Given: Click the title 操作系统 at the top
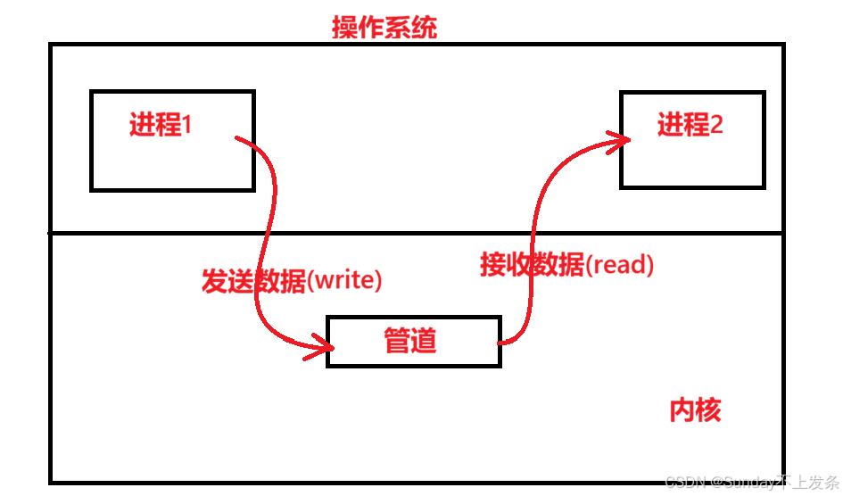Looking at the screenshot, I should point(384,28).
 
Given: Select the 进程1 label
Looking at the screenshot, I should point(161,125).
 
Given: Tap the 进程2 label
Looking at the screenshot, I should point(690,125).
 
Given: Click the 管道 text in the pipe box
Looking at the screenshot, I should point(410,340).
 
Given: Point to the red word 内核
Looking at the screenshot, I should point(695,409).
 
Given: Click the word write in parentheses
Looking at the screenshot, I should point(343,281).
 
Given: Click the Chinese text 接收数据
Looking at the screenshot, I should point(532,264).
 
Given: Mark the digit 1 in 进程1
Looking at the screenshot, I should point(187,125).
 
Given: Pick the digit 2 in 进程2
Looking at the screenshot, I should point(715,125).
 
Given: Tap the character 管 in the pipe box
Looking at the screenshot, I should point(398,340).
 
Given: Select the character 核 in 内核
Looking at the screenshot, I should point(707,409).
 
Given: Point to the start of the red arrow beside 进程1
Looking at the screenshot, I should point(237,138).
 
